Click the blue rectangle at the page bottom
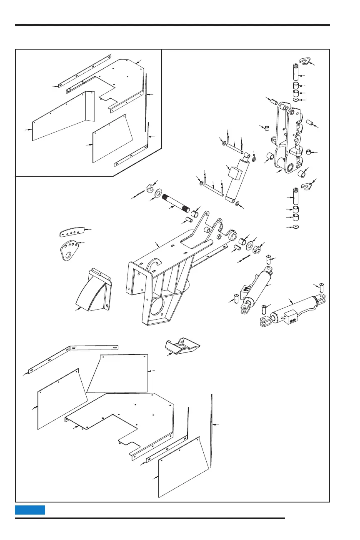click(30, 510)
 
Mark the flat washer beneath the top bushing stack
click(295, 100)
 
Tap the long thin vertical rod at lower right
click(212, 429)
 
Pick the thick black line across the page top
click(172, 25)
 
